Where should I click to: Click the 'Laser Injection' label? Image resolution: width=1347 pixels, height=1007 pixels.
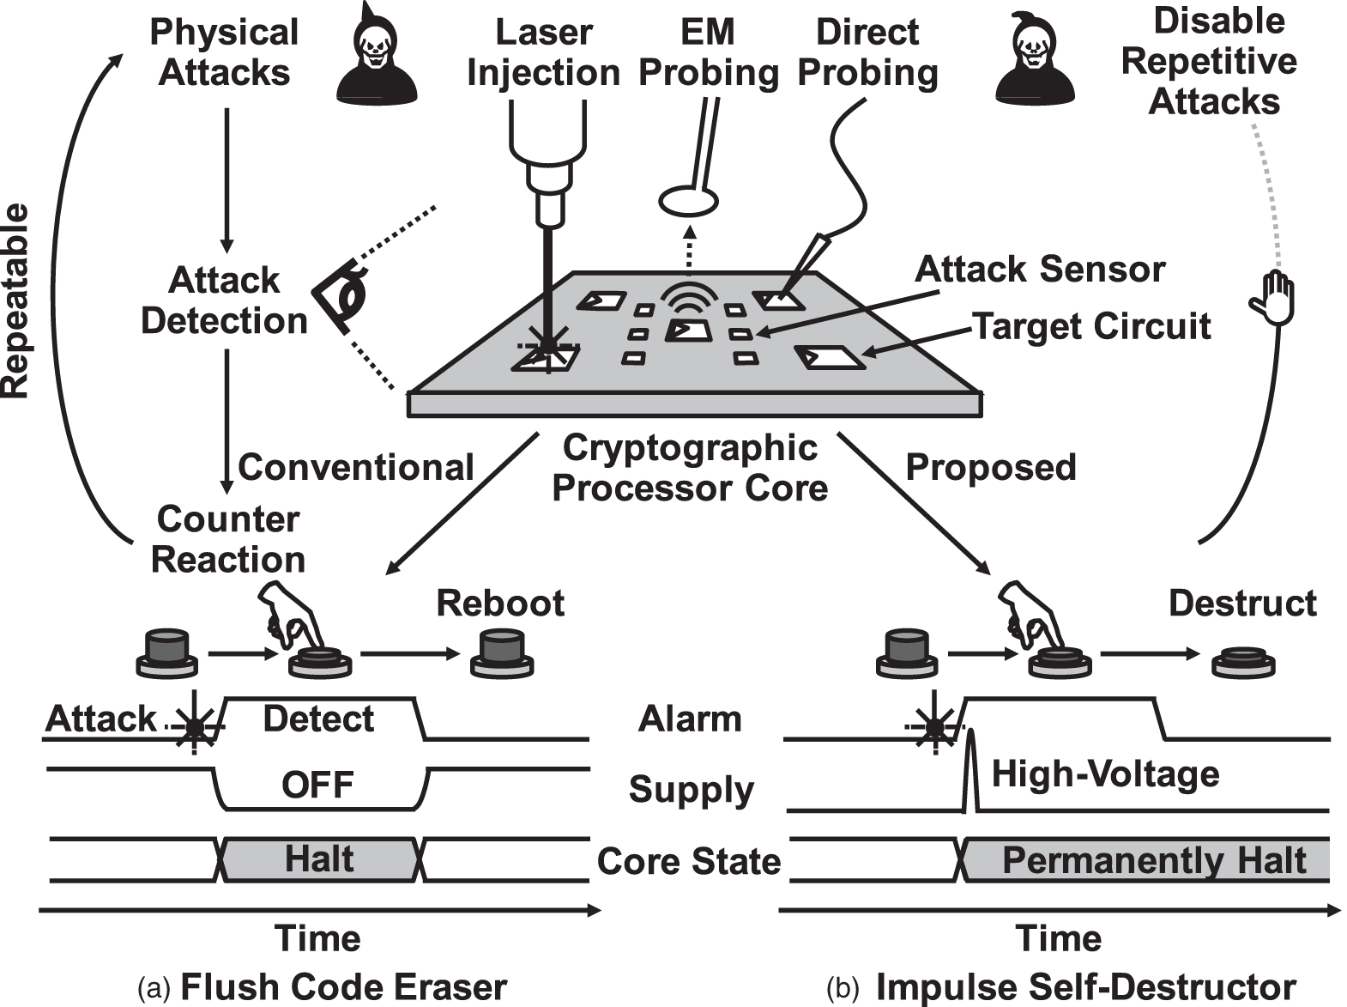click(543, 53)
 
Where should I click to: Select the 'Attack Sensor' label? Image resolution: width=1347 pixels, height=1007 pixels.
click(1039, 270)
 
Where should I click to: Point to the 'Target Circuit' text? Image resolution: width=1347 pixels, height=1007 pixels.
click(1091, 326)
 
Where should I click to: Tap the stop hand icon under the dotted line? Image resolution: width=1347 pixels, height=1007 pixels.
click(1271, 298)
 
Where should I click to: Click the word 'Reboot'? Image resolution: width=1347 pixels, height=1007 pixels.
click(500, 604)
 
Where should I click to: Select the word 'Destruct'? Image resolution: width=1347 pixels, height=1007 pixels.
click(1241, 604)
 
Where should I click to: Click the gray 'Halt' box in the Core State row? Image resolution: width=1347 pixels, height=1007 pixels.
click(319, 858)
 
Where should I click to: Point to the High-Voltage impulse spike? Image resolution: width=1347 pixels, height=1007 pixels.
click(969, 768)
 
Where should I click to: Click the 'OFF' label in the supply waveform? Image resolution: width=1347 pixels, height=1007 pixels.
click(317, 785)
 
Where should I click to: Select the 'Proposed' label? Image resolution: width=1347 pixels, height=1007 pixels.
click(990, 468)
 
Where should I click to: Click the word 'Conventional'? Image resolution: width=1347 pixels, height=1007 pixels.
click(355, 468)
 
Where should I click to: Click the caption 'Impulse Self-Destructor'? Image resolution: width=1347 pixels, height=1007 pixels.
click(1084, 987)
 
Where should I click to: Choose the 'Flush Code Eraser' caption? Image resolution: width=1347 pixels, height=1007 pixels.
click(343, 987)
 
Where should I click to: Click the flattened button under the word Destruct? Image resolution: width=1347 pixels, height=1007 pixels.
click(1243, 664)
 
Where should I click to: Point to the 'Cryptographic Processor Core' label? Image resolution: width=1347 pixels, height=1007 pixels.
click(690, 468)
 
